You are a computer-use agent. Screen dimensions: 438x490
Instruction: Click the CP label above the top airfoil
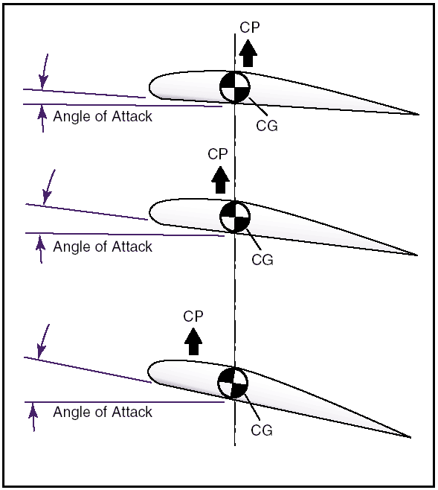click(250, 28)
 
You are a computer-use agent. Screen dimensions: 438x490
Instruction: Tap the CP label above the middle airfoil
click(218, 154)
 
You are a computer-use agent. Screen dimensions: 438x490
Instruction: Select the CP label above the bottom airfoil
click(193, 316)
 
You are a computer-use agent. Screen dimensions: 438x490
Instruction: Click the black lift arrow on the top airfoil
click(248, 53)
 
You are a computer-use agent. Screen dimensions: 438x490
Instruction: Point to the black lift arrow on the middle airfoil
click(220, 179)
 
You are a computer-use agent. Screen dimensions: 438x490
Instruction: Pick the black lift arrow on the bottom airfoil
click(193, 341)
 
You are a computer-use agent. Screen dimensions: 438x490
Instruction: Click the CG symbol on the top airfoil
click(235, 87)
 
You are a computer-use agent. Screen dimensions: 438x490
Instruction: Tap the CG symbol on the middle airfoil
click(235, 217)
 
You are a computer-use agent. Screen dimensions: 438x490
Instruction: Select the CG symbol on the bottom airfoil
click(233, 383)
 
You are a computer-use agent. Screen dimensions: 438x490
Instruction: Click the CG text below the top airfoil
click(267, 126)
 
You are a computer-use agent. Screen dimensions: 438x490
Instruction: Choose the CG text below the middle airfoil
click(263, 260)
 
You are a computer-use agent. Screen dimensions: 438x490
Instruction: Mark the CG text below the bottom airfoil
click(262, 430)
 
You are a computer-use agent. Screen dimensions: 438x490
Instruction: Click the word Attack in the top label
click(132, 116)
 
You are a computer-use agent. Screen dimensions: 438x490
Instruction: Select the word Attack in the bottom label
click(132, 412)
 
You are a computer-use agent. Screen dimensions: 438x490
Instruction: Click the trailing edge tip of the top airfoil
click(419, 115)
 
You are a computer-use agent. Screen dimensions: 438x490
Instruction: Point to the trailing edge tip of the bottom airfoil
click(410, 437)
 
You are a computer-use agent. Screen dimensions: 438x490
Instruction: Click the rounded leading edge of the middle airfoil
click(149, 212)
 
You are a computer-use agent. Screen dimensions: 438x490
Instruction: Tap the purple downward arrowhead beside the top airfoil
click(43, 82)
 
